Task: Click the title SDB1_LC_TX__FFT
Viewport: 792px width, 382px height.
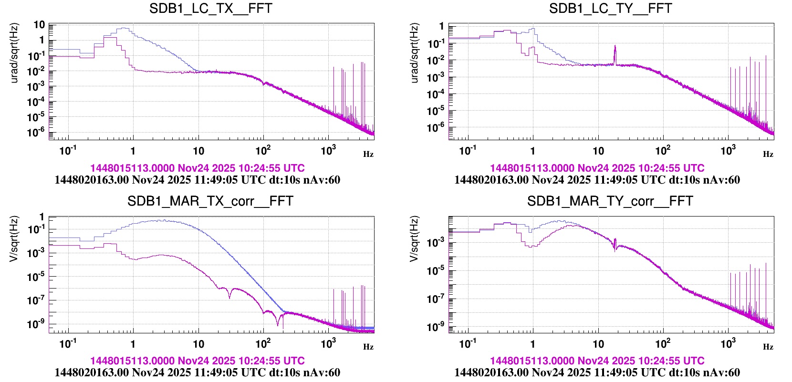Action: point(210,9)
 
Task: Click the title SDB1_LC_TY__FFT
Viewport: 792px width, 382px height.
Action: point(610,9)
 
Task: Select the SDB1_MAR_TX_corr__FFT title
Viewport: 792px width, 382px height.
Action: point(210,201)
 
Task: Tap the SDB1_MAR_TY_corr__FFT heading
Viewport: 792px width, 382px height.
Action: point(610,201)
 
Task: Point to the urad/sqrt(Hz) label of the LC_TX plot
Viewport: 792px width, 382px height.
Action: point(15,53)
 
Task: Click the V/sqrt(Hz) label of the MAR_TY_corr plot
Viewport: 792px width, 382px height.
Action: point(415,238)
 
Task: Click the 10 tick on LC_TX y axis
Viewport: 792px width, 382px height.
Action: point(39,25)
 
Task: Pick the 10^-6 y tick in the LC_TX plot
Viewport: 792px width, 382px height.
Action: point(36,132)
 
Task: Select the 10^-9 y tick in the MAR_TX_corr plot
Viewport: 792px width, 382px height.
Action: point(36,324)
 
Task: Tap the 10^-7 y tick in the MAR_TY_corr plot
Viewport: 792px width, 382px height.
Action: point(436,299)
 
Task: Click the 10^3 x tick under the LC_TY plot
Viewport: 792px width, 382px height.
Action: point(728,151)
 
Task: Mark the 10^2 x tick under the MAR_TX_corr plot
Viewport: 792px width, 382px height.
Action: point(263,343)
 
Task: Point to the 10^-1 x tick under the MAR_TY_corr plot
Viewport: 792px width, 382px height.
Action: point(468,343)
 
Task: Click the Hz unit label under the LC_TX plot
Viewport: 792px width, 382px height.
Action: point(368,154)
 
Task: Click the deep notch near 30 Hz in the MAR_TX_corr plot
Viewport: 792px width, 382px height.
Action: point(230,297)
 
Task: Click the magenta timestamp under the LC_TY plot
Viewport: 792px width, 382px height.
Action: point(597,168)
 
